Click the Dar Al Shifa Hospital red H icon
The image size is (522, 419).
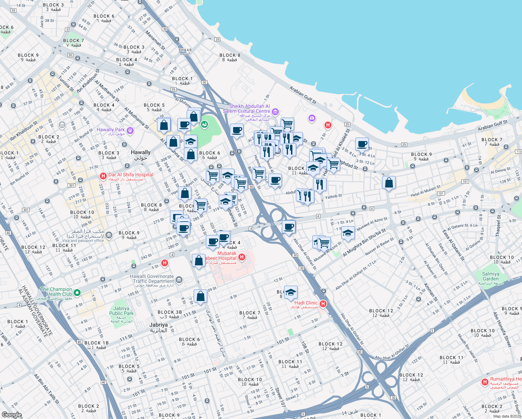[103, 176]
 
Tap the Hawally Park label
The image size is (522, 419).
[111, 130]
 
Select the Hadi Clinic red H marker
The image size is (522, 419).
[323, 304]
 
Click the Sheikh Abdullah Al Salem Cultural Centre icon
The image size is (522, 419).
[275, 112]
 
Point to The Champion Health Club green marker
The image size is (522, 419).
[77, 293]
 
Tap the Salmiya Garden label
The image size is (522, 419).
[491, 277]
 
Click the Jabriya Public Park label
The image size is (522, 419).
[121, 311]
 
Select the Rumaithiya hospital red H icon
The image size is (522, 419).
[485, 382]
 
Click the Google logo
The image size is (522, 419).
[12, 415]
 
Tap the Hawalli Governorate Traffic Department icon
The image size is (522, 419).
[179, 279]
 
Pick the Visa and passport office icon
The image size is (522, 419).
[109, 235]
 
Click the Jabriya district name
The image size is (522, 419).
[158, 325]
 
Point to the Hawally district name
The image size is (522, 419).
[141, 153]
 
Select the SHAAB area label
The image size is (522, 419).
[185, 50]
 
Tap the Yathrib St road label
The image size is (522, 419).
[334, 197]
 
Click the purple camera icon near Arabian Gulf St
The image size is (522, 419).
[312, 118]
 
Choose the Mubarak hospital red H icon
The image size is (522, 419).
[241, 257]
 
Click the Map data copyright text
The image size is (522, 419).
[507, 416]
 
